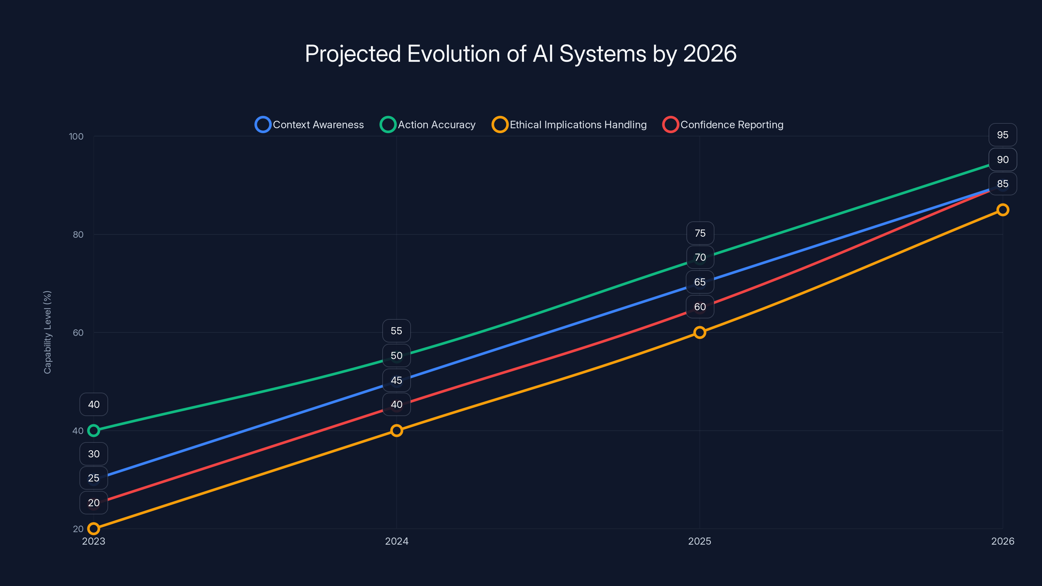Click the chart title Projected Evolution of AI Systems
pyautogui.click(x=521, y=54)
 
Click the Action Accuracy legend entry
pyautogui.click(x=428, y=125)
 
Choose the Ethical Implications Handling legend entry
pyautogui.click(x=570, y=125)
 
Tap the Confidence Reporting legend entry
pyautogui.click(x=723, y=125)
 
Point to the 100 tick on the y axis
pyautogui.click(x=76, y=136)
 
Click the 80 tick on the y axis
pyautogui.click(x=78, y=234)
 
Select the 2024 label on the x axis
pyautogui.click(x=396, y=541)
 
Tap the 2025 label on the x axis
pyautogui.click(x=699, y=541)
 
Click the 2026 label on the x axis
pyautogui.click(x=1002, y=541)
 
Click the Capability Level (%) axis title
pyautogui.click(x=47, y=332)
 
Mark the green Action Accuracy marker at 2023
pyautogui.click(x=94, y=431)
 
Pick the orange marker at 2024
pyautogui.click(x=396, y=431)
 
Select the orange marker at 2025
pyautogui.click(x=699, y=332)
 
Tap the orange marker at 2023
pyautogui.click(x=94, y=529)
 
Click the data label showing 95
pyautogui.click(x=1002, y=135)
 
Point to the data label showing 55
pyautogui.click(x=396, y=331)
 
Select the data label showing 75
pyautogui.click(x=700, y=233)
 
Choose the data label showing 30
pyautogui.click(x=94, y=454)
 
